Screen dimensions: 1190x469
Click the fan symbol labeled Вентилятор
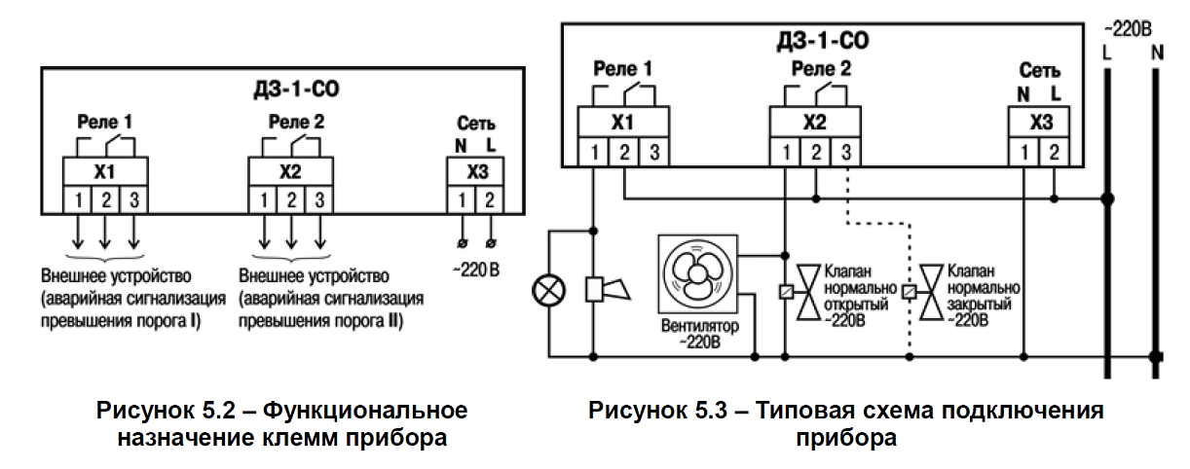[x=698, y=274]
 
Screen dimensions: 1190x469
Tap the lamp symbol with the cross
[x=549, y=291]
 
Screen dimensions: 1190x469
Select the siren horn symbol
[x=608, y=290]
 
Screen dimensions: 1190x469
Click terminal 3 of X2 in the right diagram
[x=845, y=153]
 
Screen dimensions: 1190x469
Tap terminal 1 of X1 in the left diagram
[x=78, y=200]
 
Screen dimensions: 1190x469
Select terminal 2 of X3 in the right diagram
[x=1054, y=153]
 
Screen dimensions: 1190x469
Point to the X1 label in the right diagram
[x=622, y=123]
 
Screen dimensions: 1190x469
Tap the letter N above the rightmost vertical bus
[x=1157, y=53]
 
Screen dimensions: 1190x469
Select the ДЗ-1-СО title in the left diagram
[x=296, y=90]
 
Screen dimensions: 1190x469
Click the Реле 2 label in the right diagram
[x=821, y=68]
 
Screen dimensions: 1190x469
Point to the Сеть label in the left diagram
[x=476, y=123]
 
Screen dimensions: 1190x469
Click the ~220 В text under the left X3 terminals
[x=476, y=271]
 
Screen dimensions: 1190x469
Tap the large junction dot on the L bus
[x=1107, y=199]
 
